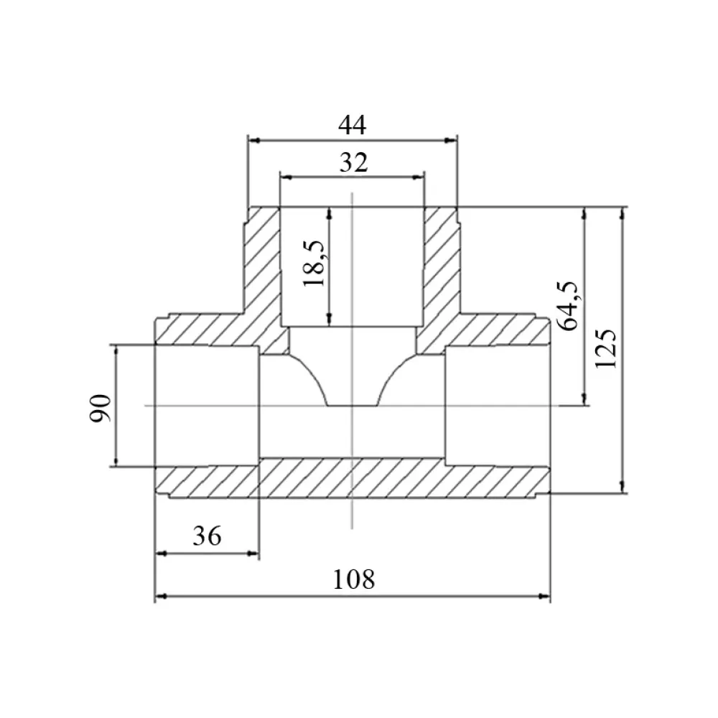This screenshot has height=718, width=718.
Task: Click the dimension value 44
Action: point(352,125)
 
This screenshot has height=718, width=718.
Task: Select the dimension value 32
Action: point(353,162)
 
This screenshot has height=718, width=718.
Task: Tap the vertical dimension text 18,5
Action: point(314,264)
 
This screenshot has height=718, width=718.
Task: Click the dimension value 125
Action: point(606,348)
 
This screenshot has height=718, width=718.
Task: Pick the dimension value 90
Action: point(100,408)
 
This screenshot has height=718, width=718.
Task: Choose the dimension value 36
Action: point(207,536)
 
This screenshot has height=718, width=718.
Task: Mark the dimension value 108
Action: point(353,579)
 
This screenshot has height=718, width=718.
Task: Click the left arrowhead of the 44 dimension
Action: point(253,140)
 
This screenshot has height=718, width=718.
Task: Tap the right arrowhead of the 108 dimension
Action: point(544,596)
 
